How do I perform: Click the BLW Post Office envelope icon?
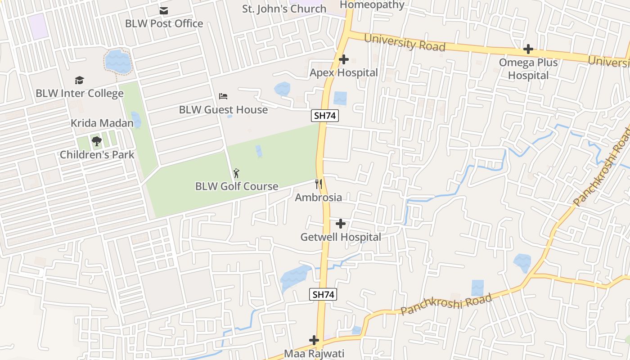164,11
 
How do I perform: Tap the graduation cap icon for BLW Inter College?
79,80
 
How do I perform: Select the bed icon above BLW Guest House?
223,96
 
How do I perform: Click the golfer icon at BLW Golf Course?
236,173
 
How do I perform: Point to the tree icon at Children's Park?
96,141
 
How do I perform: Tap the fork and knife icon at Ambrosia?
319,184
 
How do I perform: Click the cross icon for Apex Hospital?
344,59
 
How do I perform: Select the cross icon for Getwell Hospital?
341,223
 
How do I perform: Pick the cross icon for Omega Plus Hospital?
528,49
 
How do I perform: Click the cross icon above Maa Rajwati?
314,340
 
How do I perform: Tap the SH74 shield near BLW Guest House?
325,116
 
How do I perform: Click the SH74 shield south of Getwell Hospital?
323,295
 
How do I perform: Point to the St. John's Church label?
284,9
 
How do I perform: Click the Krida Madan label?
102,123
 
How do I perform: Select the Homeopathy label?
372,5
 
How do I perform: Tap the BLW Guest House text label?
223,109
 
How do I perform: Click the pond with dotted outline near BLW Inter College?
118,62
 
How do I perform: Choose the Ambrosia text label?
318,197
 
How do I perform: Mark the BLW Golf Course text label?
237,186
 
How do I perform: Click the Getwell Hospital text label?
341,237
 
